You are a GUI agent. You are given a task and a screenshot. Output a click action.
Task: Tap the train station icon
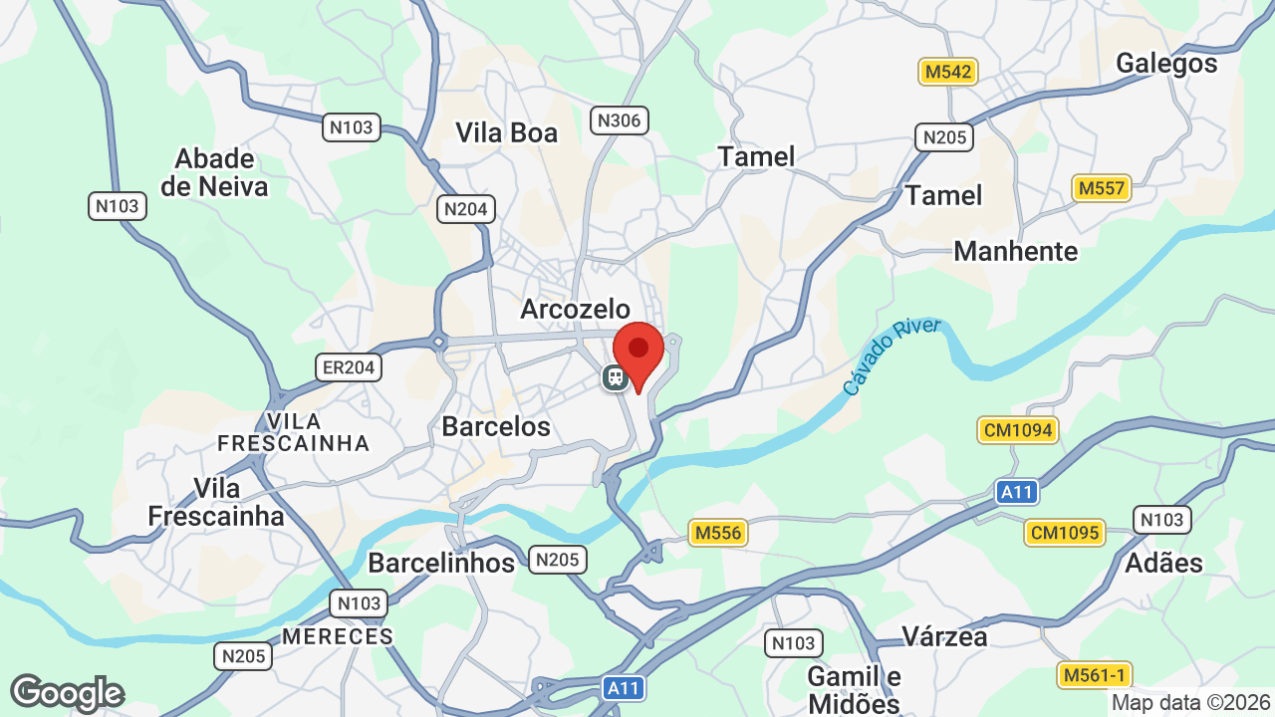point(615,377)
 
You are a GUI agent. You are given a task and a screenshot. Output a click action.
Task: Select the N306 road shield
point(619,120)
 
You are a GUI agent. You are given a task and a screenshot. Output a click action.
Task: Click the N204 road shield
point(465,209)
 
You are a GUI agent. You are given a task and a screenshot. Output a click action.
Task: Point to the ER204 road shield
point(349,367)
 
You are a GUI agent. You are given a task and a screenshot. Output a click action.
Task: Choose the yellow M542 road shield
point(947,72)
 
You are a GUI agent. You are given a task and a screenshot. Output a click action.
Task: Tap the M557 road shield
point(1101,187)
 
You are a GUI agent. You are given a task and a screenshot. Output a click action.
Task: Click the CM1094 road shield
point(1017,430)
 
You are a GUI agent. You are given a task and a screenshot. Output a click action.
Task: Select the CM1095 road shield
point(1065,533)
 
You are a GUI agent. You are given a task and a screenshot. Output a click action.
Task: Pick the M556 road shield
point(718,533)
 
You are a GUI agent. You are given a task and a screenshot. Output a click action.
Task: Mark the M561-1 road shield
point(1093,675)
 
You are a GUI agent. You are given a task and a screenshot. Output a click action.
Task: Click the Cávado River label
point(892,356)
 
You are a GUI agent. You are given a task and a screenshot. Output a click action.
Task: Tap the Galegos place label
point(1166,64)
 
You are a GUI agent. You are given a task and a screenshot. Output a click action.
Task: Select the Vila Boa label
point(506,132)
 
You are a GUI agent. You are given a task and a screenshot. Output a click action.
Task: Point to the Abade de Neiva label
point(214,172)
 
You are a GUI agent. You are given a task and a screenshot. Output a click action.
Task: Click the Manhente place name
point(1015,251)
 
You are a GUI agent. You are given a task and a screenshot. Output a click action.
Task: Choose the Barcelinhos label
point(440,563)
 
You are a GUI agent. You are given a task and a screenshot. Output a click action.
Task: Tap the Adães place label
point(1162,563)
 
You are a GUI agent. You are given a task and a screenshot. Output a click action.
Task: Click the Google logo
point(67,693)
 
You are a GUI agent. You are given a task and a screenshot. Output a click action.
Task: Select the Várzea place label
point(943,635)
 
